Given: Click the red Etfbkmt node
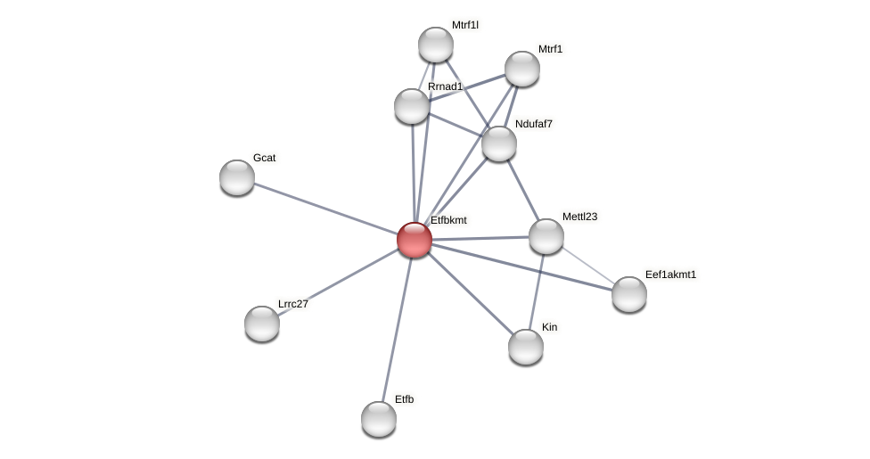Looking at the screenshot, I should pos(414,240).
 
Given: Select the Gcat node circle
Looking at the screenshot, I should pos(237,177).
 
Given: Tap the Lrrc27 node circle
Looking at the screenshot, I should pos(262,324).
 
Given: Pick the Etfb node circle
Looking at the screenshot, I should pos(379,418).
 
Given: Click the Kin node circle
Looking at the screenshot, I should pos(526,347).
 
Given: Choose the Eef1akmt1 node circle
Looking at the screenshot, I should pos(629,294).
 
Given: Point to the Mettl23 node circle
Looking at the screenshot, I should pos(546,236).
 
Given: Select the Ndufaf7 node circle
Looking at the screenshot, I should pos(499,143).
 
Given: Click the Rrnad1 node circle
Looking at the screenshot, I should pos(412,106).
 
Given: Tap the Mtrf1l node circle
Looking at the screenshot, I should pos(436,45).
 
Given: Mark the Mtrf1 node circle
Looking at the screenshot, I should pos(522,69).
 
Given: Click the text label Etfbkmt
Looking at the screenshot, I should pos(448,220).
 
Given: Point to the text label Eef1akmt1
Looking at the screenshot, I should pos(670,275).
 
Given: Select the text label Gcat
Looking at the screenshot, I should pos(264,158).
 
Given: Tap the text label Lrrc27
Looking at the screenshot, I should pos(292,304).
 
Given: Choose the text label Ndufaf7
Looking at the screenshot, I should pos(533,124).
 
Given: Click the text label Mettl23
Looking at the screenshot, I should pos(579,217).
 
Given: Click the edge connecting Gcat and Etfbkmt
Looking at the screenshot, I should pos(325,209).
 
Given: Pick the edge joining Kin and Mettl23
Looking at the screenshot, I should pos(537,291).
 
